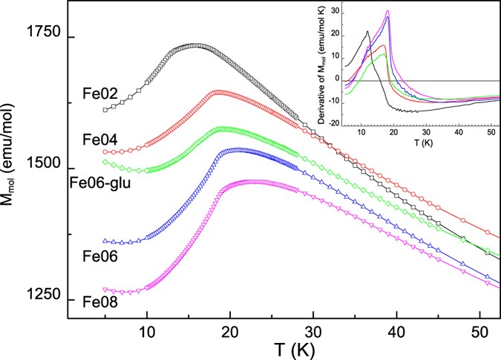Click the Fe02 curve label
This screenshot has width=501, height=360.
tap(98, 95)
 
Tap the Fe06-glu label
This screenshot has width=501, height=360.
tap(96, 182)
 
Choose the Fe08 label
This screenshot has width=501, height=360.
tap(98, 303)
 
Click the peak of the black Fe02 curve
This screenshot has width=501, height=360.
tap(194, 45)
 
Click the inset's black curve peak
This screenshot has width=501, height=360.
tap(367, 31)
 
